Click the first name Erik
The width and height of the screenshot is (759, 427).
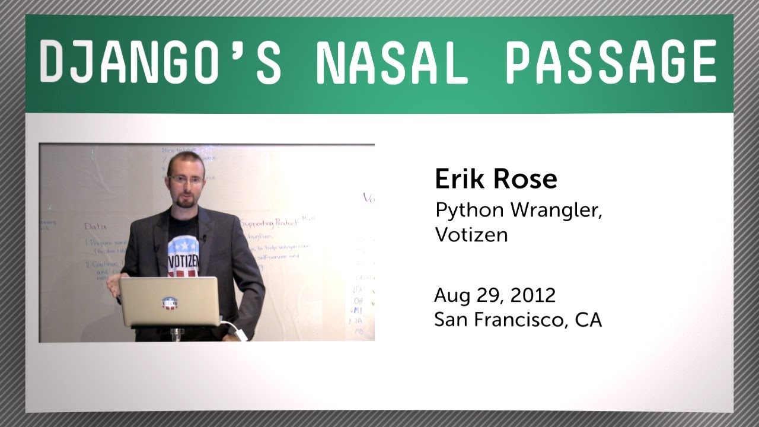pyautogui.click(x=458, y=179)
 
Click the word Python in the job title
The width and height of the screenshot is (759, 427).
pyautogui.click(x=464, y=211)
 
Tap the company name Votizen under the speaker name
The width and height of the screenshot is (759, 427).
pyautogui.click(x=471, y=235)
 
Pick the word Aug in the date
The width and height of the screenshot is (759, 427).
pyautogui.click(x=449, y=295)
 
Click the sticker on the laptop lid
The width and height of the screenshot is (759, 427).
pyautogui.click(x=169, y=302)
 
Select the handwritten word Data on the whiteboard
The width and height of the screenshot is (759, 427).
pyautogui.click(x=95, y=226)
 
